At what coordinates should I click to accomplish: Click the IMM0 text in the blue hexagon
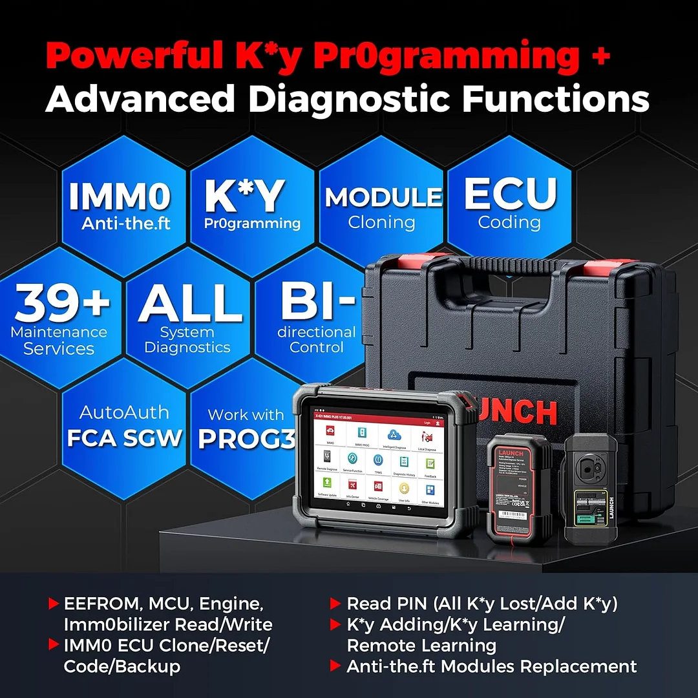120,196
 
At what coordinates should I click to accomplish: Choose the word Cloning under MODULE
381,222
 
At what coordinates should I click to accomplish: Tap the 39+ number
62,304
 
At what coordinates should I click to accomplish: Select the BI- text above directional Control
317,301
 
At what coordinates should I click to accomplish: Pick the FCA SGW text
124,438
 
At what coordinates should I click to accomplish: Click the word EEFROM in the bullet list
103,604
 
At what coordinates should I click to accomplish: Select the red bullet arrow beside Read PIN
335,604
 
